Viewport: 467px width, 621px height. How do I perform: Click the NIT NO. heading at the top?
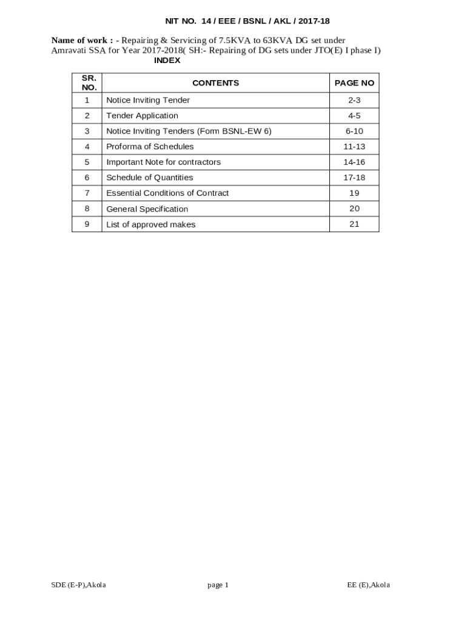[x=247, y=21]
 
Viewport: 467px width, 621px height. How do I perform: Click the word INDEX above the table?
[x=167, y=61]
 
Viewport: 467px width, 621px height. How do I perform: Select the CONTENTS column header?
[x=215, y=83]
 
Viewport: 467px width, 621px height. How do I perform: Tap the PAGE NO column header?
[x=354, y=83]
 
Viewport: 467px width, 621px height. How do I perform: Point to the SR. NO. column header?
[x=89, y=83]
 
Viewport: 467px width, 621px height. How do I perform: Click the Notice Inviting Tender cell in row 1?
[x=148, y=100]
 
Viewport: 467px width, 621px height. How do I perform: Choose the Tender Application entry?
[x=142, y=116]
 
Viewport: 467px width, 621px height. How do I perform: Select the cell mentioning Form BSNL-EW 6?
[x=189, y=131]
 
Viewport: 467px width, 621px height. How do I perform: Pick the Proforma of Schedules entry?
[x=150, y=147]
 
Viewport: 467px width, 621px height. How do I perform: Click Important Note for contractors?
[x=163, y=162]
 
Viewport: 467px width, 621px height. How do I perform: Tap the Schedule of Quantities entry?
[x=149, y=178]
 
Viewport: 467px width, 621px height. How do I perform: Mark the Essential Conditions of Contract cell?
[x=167, y=193]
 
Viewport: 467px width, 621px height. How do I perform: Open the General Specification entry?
[x=147, y=209]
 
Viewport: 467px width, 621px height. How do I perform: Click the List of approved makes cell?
[x=150, y=224]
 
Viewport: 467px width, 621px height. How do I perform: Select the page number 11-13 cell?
[x=354, y=147]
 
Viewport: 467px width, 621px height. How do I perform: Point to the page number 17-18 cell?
[x=354, y=178]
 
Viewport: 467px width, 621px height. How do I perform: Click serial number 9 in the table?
[x=87, y=224]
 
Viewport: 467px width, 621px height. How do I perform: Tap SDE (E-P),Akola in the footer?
[x=79, y=585]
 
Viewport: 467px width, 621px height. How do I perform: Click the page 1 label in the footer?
[x=218, y=585]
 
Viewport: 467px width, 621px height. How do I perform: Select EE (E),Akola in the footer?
[x=368, y=585]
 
